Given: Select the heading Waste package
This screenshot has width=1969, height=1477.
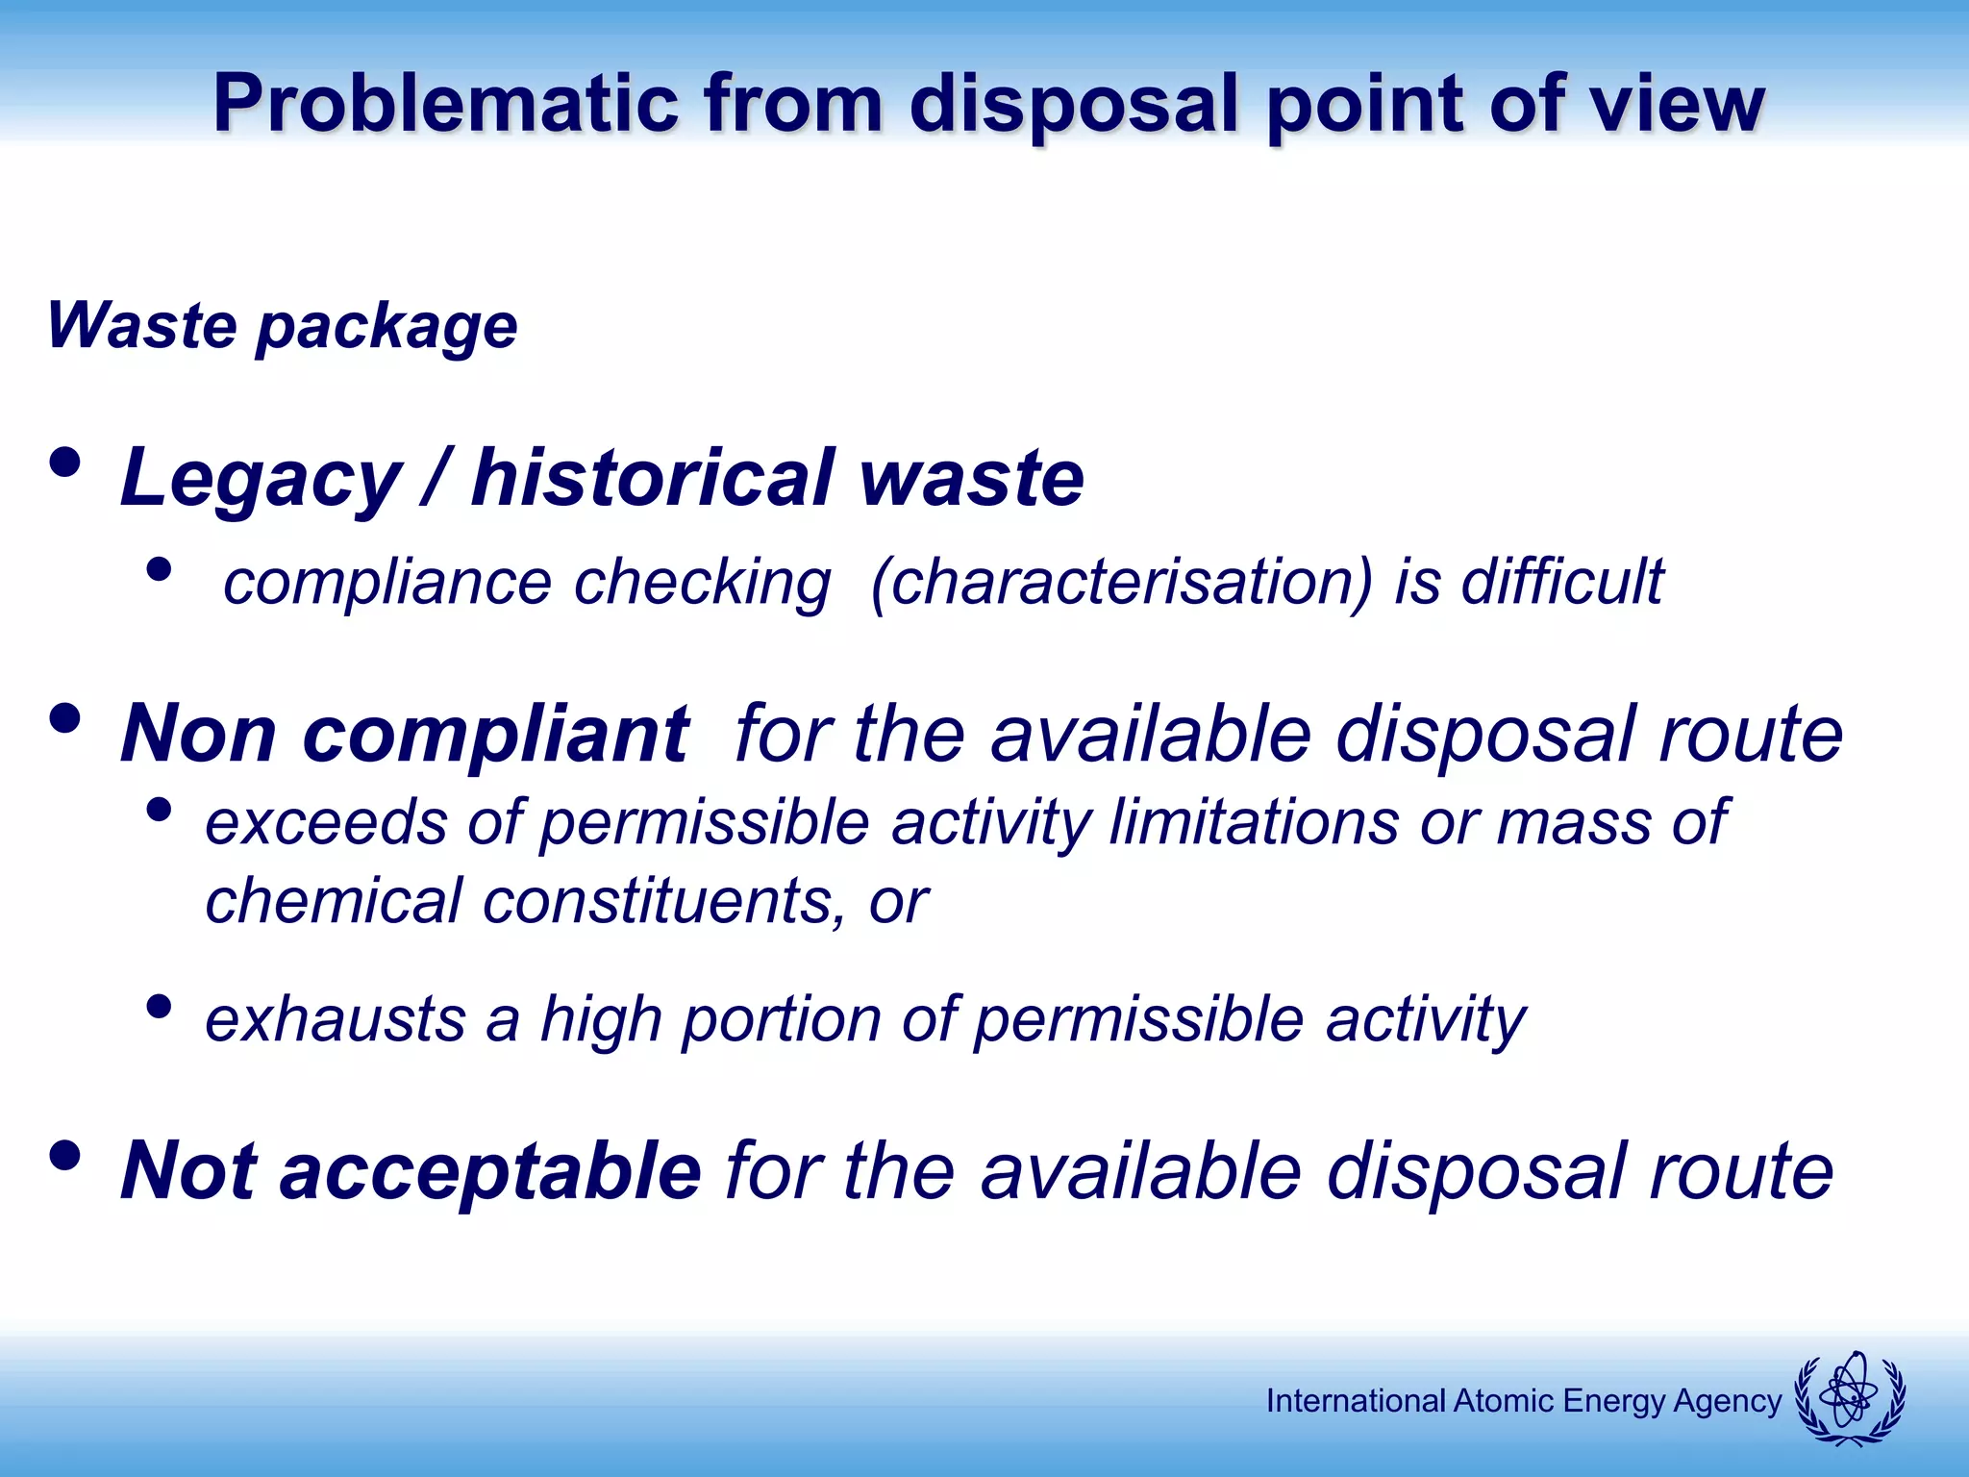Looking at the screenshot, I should pyautogui.click(x=282, y=327).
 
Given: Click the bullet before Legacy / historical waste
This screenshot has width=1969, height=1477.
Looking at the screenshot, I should pyautogui.click(x=64, y=463).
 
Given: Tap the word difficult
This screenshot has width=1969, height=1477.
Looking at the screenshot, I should pyautogui.click(x=1561, y=583).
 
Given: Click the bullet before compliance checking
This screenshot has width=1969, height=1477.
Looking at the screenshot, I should pyautogui.click(x=159, y=569).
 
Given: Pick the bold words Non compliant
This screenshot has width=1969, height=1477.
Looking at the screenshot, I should pyautogui.click(x=404, y=735).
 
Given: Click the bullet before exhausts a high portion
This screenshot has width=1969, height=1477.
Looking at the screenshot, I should pyautogui.click(x=159, y=1007).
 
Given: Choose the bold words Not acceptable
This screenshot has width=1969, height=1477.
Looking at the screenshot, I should pyautogui.click(x=411, y=1171).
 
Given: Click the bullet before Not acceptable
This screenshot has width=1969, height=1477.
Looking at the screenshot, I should pyautogui.click(x=64, y=1156).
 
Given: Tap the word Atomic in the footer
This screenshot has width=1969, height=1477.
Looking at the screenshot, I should pyautogui.click(x=1504, y=1401).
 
